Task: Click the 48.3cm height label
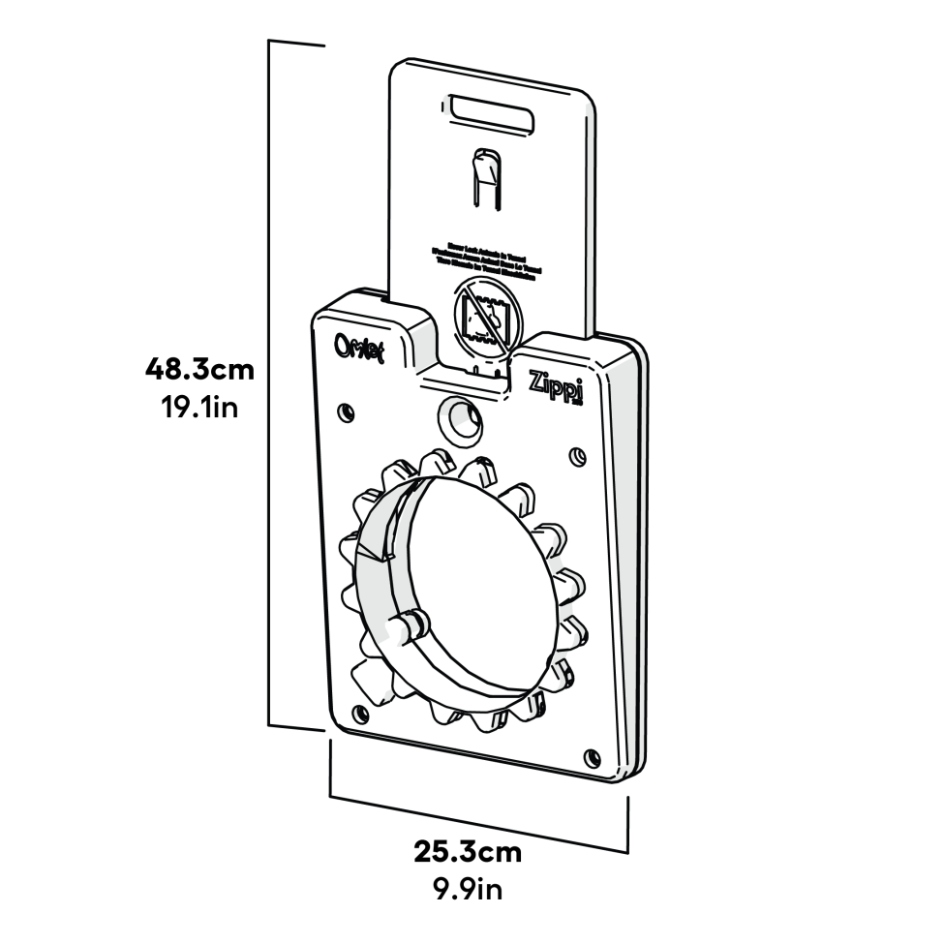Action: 198,369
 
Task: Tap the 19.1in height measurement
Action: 198,407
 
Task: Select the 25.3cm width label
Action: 468,852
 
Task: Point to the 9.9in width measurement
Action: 468,888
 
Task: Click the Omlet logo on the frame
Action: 359,348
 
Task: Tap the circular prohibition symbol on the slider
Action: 486,318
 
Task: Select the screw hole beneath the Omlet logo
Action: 345,411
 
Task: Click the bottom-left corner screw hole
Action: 362,715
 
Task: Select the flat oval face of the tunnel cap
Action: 484,581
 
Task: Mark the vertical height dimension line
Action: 269,387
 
